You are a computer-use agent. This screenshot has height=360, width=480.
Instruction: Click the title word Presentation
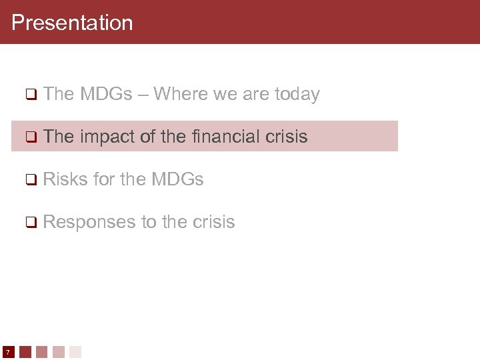point(72,23)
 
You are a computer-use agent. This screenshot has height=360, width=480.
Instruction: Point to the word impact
point(108,137)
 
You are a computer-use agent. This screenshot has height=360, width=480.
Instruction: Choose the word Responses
point(89,222)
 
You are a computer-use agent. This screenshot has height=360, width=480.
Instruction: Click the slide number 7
point(7,351)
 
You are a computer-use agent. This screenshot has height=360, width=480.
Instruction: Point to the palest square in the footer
point(75,351)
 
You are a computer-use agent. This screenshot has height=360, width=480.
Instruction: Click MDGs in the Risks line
point(177,179)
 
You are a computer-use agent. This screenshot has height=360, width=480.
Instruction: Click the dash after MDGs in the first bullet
point(143,95)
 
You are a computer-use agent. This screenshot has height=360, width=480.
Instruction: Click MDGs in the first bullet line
point(106,94)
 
